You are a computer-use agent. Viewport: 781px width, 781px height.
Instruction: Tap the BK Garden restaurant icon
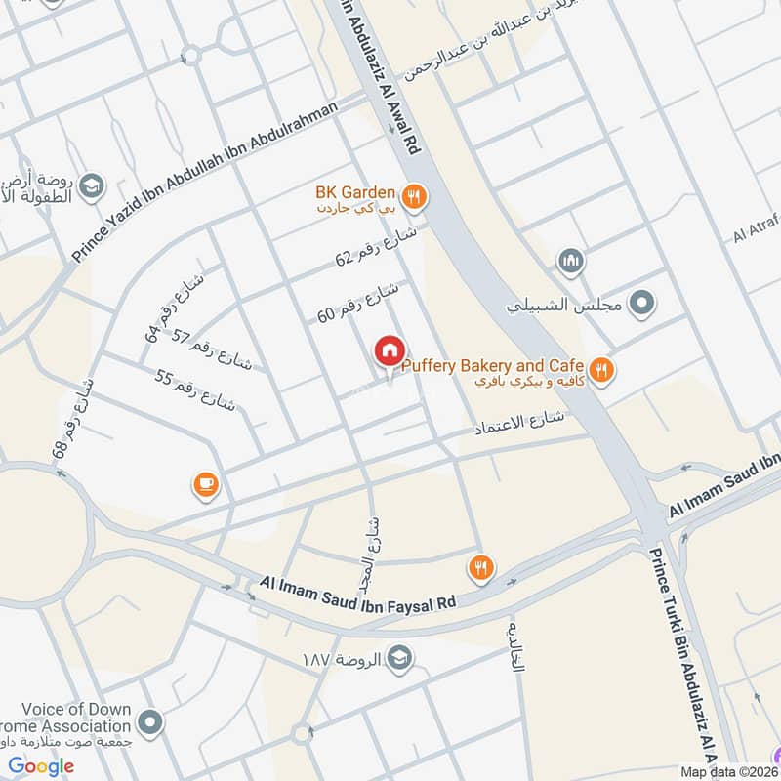click(415, 198)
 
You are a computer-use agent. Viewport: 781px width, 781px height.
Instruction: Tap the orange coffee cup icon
click(205, 483)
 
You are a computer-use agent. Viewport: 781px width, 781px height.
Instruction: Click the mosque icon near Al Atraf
click(570, 262)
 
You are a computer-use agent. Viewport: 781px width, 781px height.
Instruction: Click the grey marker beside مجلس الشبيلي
click(640, 304)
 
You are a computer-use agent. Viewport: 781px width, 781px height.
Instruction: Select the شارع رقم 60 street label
click(358, 302)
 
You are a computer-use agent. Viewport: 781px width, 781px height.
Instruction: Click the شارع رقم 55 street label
click(195, 390)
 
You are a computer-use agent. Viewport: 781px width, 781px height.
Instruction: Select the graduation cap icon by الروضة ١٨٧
click(398, 656)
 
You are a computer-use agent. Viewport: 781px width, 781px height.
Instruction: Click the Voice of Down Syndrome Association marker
click(149, 723)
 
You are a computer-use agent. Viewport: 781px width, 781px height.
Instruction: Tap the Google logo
click(41, 766)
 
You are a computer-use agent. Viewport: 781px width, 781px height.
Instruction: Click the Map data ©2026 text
click(728, 771)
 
